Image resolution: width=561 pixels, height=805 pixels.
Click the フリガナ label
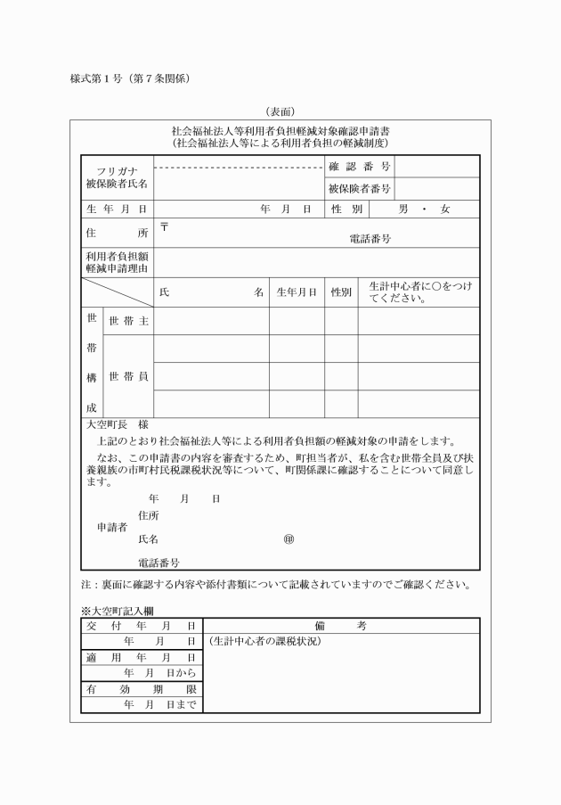(116, 171)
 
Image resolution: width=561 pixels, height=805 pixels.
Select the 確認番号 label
(359, 166)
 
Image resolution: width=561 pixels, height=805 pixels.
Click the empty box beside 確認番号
(436, 166)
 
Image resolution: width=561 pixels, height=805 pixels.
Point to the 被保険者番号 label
(359, 188)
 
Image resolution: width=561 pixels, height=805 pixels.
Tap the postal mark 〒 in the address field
(164, 226)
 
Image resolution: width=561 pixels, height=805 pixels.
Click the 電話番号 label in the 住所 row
(370, 239)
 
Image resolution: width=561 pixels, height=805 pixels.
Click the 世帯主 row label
(127, 321)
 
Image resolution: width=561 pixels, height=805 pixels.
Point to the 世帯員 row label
(127, 376)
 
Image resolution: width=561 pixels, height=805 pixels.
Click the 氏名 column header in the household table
(211, 292)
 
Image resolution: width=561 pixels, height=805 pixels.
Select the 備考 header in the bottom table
(340, 627)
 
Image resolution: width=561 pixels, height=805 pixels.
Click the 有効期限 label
(140, 689)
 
